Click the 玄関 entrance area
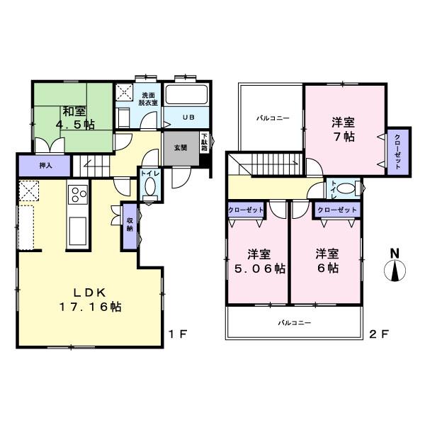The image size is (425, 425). pyautogui.click(x=180, y=148)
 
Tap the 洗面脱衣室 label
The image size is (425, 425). pyautogui.click(x=148, y=99)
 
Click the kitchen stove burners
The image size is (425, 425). pyautogui.click(x=76, y=193)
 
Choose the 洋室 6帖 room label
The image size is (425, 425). pyautogui.click(x=327, y=261)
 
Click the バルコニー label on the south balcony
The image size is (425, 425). pyautogui.click(x=295, y=323)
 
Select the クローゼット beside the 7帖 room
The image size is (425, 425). pyautogui.click(x=397, y=150)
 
